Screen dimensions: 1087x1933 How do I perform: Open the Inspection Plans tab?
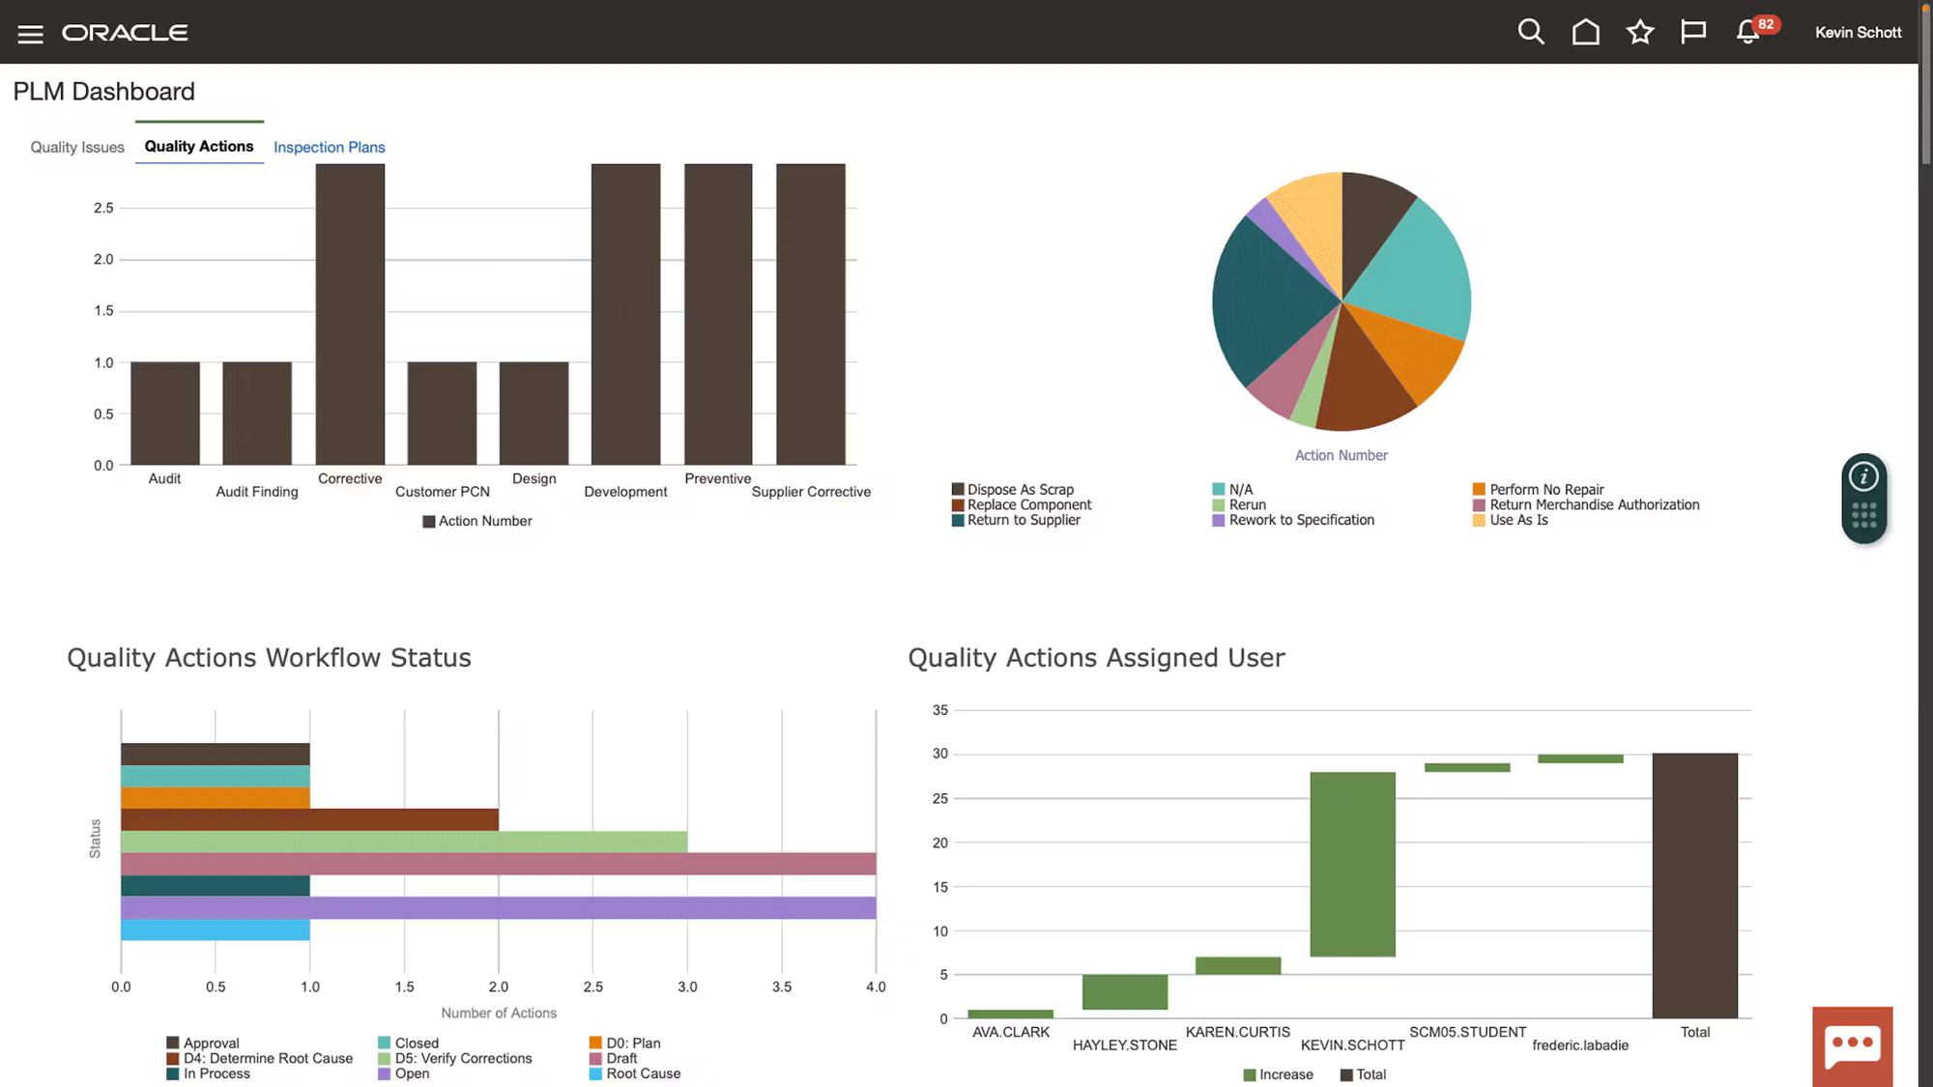click(329, 147)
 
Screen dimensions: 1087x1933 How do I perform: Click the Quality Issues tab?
click(77, 147)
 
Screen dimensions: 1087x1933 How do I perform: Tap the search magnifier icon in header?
click(1530, 32)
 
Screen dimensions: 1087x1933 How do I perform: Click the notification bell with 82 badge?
click(1748, 32)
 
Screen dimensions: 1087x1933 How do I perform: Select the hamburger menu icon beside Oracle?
click(30, 34)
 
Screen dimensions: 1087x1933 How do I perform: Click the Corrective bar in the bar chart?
click(350, 314)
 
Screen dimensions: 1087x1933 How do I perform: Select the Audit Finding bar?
click(257, 414)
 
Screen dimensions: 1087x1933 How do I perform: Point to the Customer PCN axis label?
click(443, 492)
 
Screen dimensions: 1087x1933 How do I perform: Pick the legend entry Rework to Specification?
click(1301, 520)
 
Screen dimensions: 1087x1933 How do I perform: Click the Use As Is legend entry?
click(1518, 520)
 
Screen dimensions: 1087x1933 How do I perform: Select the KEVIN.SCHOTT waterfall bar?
click(1352, 864)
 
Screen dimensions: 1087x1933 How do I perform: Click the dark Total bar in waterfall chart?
click(1694, 885)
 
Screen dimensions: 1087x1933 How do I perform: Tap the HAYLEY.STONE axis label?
click(1124, 1045)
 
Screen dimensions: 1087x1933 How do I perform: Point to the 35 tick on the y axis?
click(939, 710)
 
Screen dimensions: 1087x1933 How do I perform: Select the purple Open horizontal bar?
click(498, 908)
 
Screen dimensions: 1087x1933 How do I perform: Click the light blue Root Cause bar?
click(215, 930)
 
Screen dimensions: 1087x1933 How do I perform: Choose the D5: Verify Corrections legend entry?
click(463, 1058)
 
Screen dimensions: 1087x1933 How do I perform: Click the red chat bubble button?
click(1852, 1046)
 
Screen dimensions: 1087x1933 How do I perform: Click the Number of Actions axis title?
click(499, 1013)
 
